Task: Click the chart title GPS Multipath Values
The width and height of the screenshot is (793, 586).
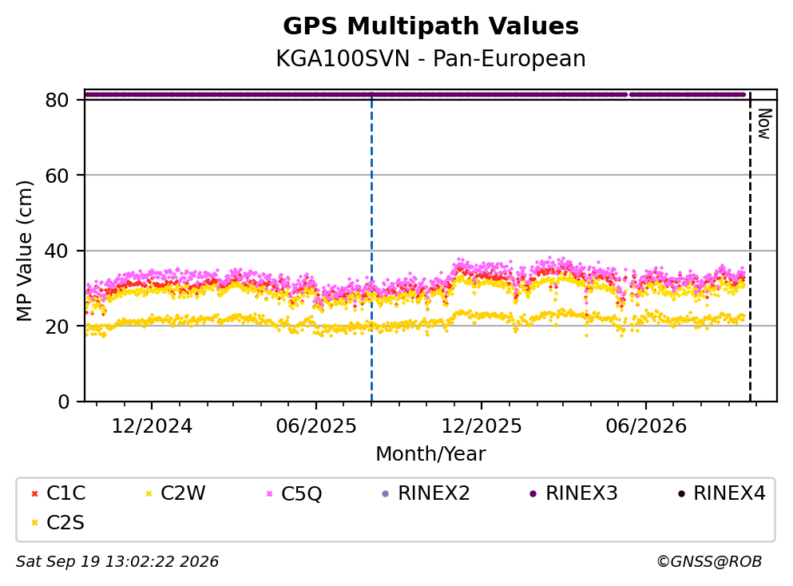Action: tap(430, 26)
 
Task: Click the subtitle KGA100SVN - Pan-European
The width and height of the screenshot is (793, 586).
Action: tap(430, 58)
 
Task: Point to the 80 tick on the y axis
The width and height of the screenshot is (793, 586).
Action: tap(57, 100)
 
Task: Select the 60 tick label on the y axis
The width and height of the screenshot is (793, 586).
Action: tap(57, 176)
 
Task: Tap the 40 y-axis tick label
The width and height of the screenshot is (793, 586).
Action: tap(57, 251)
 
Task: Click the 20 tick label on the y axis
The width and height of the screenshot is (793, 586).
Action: tap(57, 326)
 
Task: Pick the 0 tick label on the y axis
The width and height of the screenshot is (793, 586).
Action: tap(63, 402)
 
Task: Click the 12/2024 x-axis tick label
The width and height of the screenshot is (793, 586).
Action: tap(152, 426)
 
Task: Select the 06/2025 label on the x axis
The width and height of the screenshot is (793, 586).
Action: tap(316, 426)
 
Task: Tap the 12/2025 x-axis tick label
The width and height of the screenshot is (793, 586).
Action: tap(482, 426)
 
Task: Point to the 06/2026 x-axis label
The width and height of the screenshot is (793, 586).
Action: tap(646, 426)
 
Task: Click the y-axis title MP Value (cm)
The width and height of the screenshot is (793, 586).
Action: tap(24, 251)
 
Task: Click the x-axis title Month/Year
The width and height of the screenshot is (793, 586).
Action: tap(430, 453)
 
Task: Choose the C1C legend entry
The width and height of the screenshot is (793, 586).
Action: tap(58, 493)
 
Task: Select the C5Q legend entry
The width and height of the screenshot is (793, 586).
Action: tap(294, 493)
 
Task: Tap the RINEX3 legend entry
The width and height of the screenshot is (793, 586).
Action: tap(573, 493)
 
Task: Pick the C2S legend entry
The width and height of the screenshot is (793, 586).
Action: tap(57, 522)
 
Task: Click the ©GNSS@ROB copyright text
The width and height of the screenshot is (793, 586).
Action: tap(709, 561)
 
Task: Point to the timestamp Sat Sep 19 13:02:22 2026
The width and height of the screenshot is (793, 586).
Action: tap(117, 561)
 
